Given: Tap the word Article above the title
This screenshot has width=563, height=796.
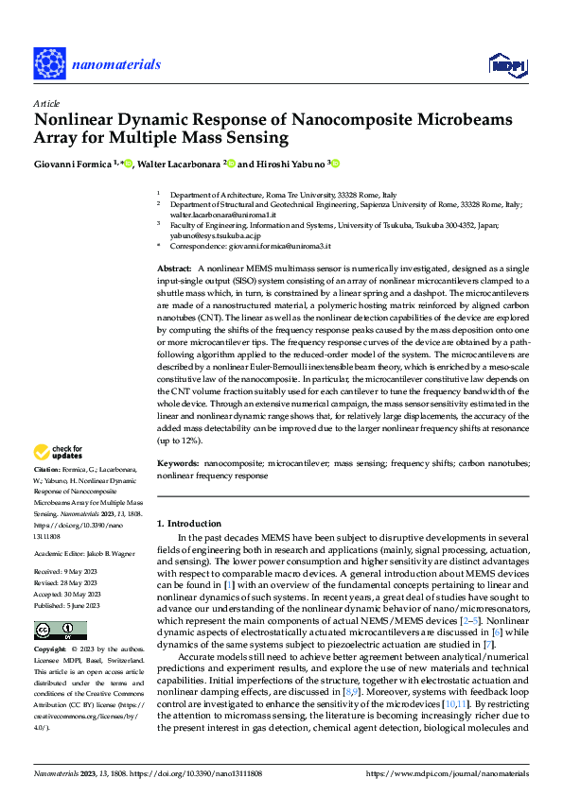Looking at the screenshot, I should pos(45,103).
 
